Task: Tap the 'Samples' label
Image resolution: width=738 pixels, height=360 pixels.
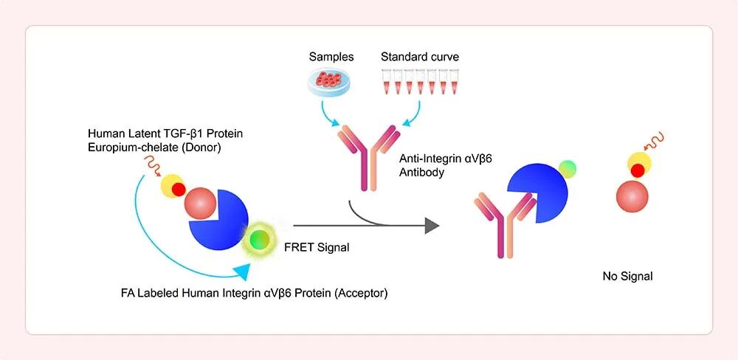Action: (331, 58)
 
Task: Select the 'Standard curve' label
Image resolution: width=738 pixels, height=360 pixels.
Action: (420, 58)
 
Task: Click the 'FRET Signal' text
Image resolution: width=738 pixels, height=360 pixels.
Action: (317, 246)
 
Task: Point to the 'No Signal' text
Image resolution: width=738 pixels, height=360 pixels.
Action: (627, 276)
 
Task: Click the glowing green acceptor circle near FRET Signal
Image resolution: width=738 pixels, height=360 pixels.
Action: (260, 239)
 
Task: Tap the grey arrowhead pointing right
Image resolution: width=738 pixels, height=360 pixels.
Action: (432, 226)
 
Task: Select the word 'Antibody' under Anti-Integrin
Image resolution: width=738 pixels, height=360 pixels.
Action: (421, 172)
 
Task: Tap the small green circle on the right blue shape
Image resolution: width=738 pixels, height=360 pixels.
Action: (568, 169)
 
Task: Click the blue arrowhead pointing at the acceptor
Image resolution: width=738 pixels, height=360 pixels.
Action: (241, 272)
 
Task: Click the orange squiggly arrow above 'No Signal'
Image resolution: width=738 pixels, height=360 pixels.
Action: (658, 139)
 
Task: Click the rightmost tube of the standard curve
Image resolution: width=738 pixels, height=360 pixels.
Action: (454, 81)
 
